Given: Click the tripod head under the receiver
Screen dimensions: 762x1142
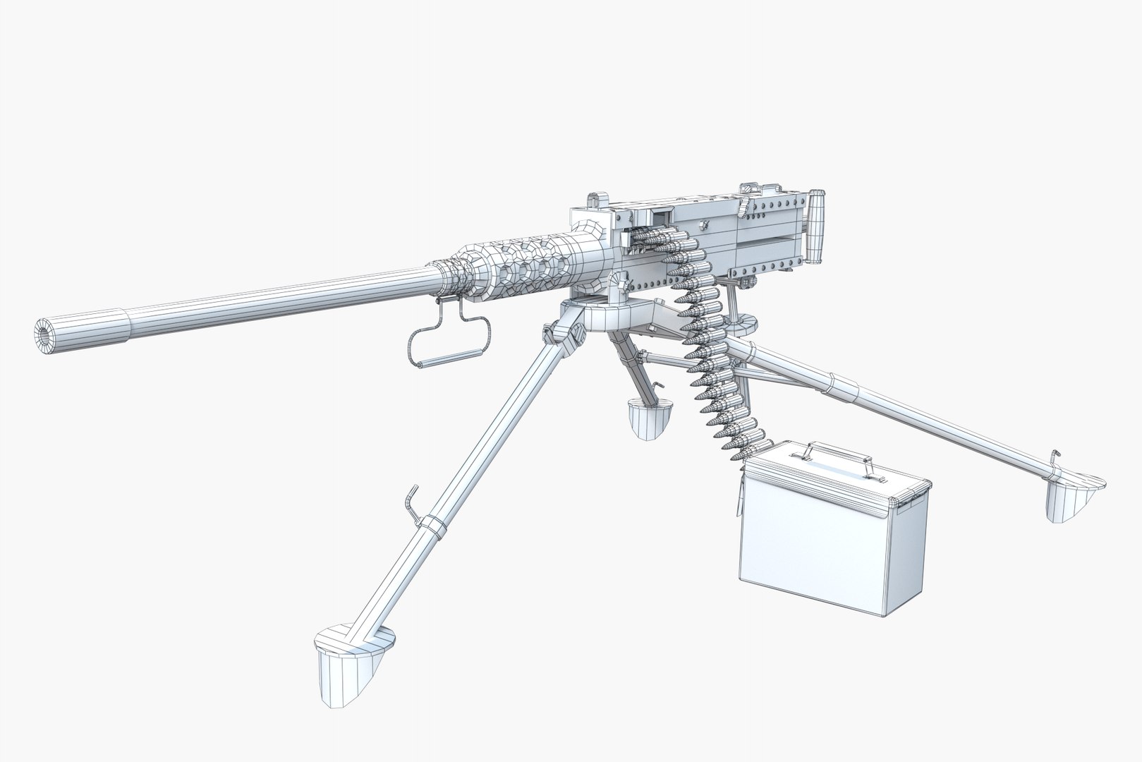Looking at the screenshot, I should coord(607,314).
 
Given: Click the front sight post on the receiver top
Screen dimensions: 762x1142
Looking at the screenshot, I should coord(596,200).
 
